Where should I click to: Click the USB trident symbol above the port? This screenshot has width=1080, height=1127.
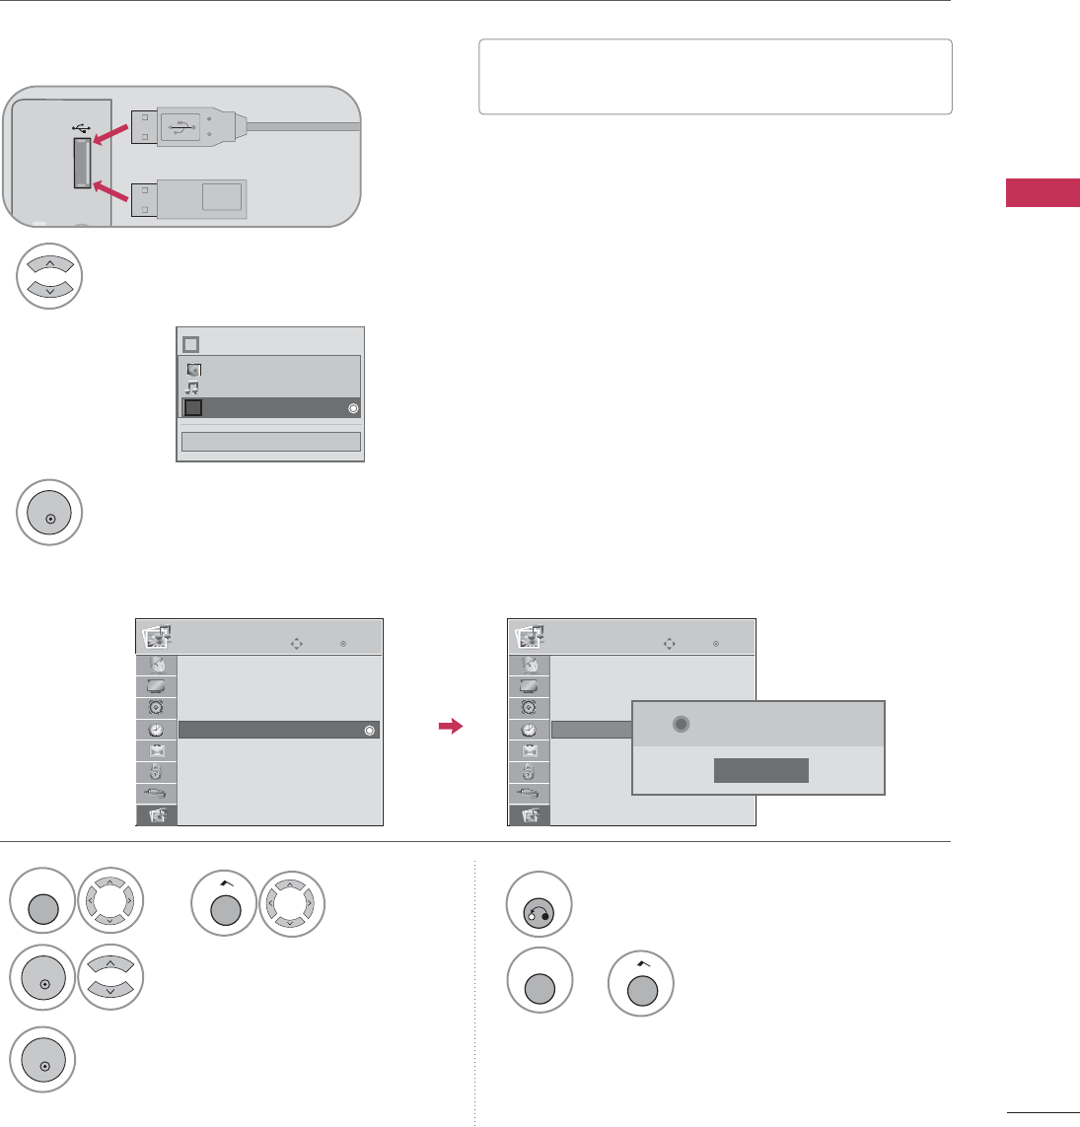click(80, 126)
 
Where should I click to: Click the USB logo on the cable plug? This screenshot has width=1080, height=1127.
click(180, 126)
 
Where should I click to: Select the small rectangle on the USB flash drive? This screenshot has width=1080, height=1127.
click(221, 196)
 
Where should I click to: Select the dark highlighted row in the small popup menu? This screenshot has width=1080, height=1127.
click(269, 408)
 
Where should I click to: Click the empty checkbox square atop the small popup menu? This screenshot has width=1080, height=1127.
click(191, 344)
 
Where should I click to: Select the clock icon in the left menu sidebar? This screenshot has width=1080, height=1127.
click(156, 731)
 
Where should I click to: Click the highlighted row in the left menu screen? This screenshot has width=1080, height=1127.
click(279, 731)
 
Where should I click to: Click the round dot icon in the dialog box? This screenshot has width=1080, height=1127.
click(679, 724)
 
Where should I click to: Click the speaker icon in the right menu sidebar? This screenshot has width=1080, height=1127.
click(529, 707)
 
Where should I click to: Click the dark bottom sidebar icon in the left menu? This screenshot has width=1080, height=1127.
click(156, 815)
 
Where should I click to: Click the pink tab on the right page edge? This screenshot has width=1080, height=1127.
click(1043, 193)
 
